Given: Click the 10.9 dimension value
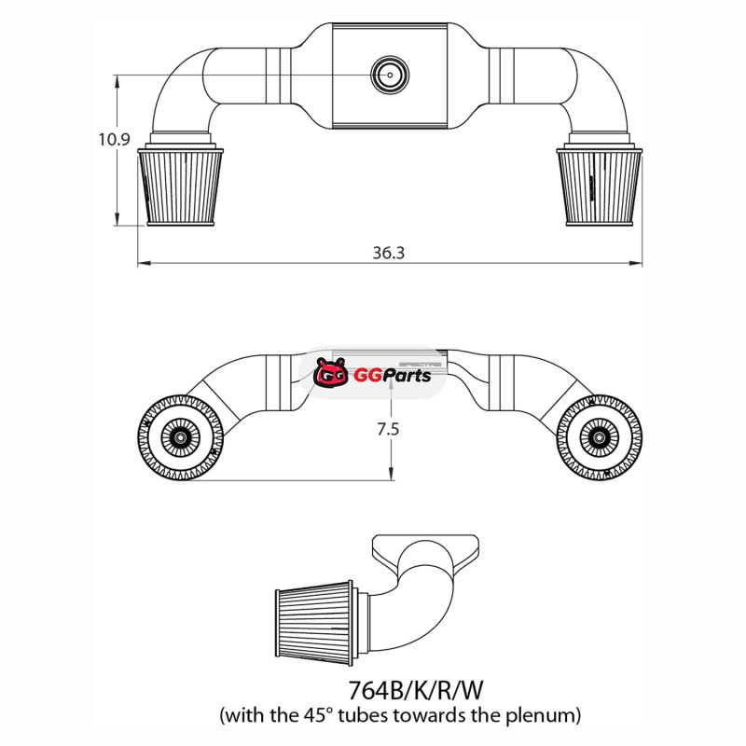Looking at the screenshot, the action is pyautogui.click(x=114, y=139).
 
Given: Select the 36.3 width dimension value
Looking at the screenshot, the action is pyautogui.click(x=388, y=253).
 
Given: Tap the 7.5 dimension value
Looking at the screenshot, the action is pyautogui.click(x=388, y=430).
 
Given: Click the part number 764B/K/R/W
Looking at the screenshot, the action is pyautogui.click(x=415, y=690).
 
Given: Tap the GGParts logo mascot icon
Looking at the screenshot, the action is pyautogui.click(x=331, y=372).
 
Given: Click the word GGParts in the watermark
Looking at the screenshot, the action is pyautogui.click(x=392, y=376).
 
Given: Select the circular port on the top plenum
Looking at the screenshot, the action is pyautogui.click(x=390, y=75).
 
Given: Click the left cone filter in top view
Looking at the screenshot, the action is pyautogui.click(x=180, y=186).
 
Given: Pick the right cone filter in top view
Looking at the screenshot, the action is pyautogui.click(x=599, y=186).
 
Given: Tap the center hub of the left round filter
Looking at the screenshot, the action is pyautogui.click(x=180, y=436).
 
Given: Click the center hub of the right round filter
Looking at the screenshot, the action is pyautogui.click(x=599, y=436).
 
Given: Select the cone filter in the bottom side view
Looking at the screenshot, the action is pyautogui.click(x=314, y=622).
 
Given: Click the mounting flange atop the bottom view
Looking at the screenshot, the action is pyautogui.click(x=425, y=552).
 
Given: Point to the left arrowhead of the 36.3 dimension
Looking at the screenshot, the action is pyautogui.click(x=144, y=263).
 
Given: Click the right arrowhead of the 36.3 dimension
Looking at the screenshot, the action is pyautogui.click(x=636, y=263).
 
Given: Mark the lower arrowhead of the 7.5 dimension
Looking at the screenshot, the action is pyautogui.click(x=391, y=474).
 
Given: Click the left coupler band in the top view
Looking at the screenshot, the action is pyautogui.click(x=278, y=76).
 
